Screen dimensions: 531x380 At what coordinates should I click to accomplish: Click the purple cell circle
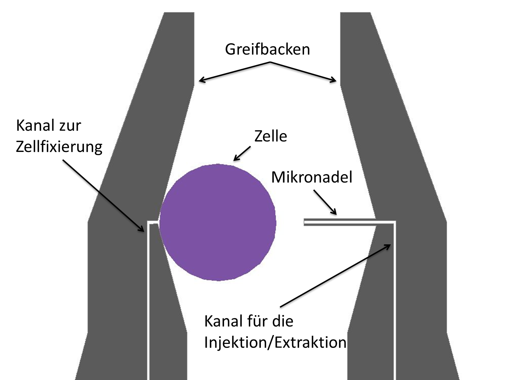pos(218,222)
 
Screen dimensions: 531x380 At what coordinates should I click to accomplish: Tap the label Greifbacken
pos(267,49)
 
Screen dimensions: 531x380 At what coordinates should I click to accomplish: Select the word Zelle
pos(271,136)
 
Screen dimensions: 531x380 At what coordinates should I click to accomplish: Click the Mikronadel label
pos(312,177)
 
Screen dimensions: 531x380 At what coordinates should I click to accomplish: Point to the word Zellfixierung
pos(59,147)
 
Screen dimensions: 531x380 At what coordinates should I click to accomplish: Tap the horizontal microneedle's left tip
pos(304,222)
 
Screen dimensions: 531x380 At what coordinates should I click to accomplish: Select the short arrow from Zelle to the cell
pos(242,154)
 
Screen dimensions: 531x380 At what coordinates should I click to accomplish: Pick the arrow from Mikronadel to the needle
pos(325,202)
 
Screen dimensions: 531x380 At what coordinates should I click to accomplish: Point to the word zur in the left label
pos(70,126)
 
